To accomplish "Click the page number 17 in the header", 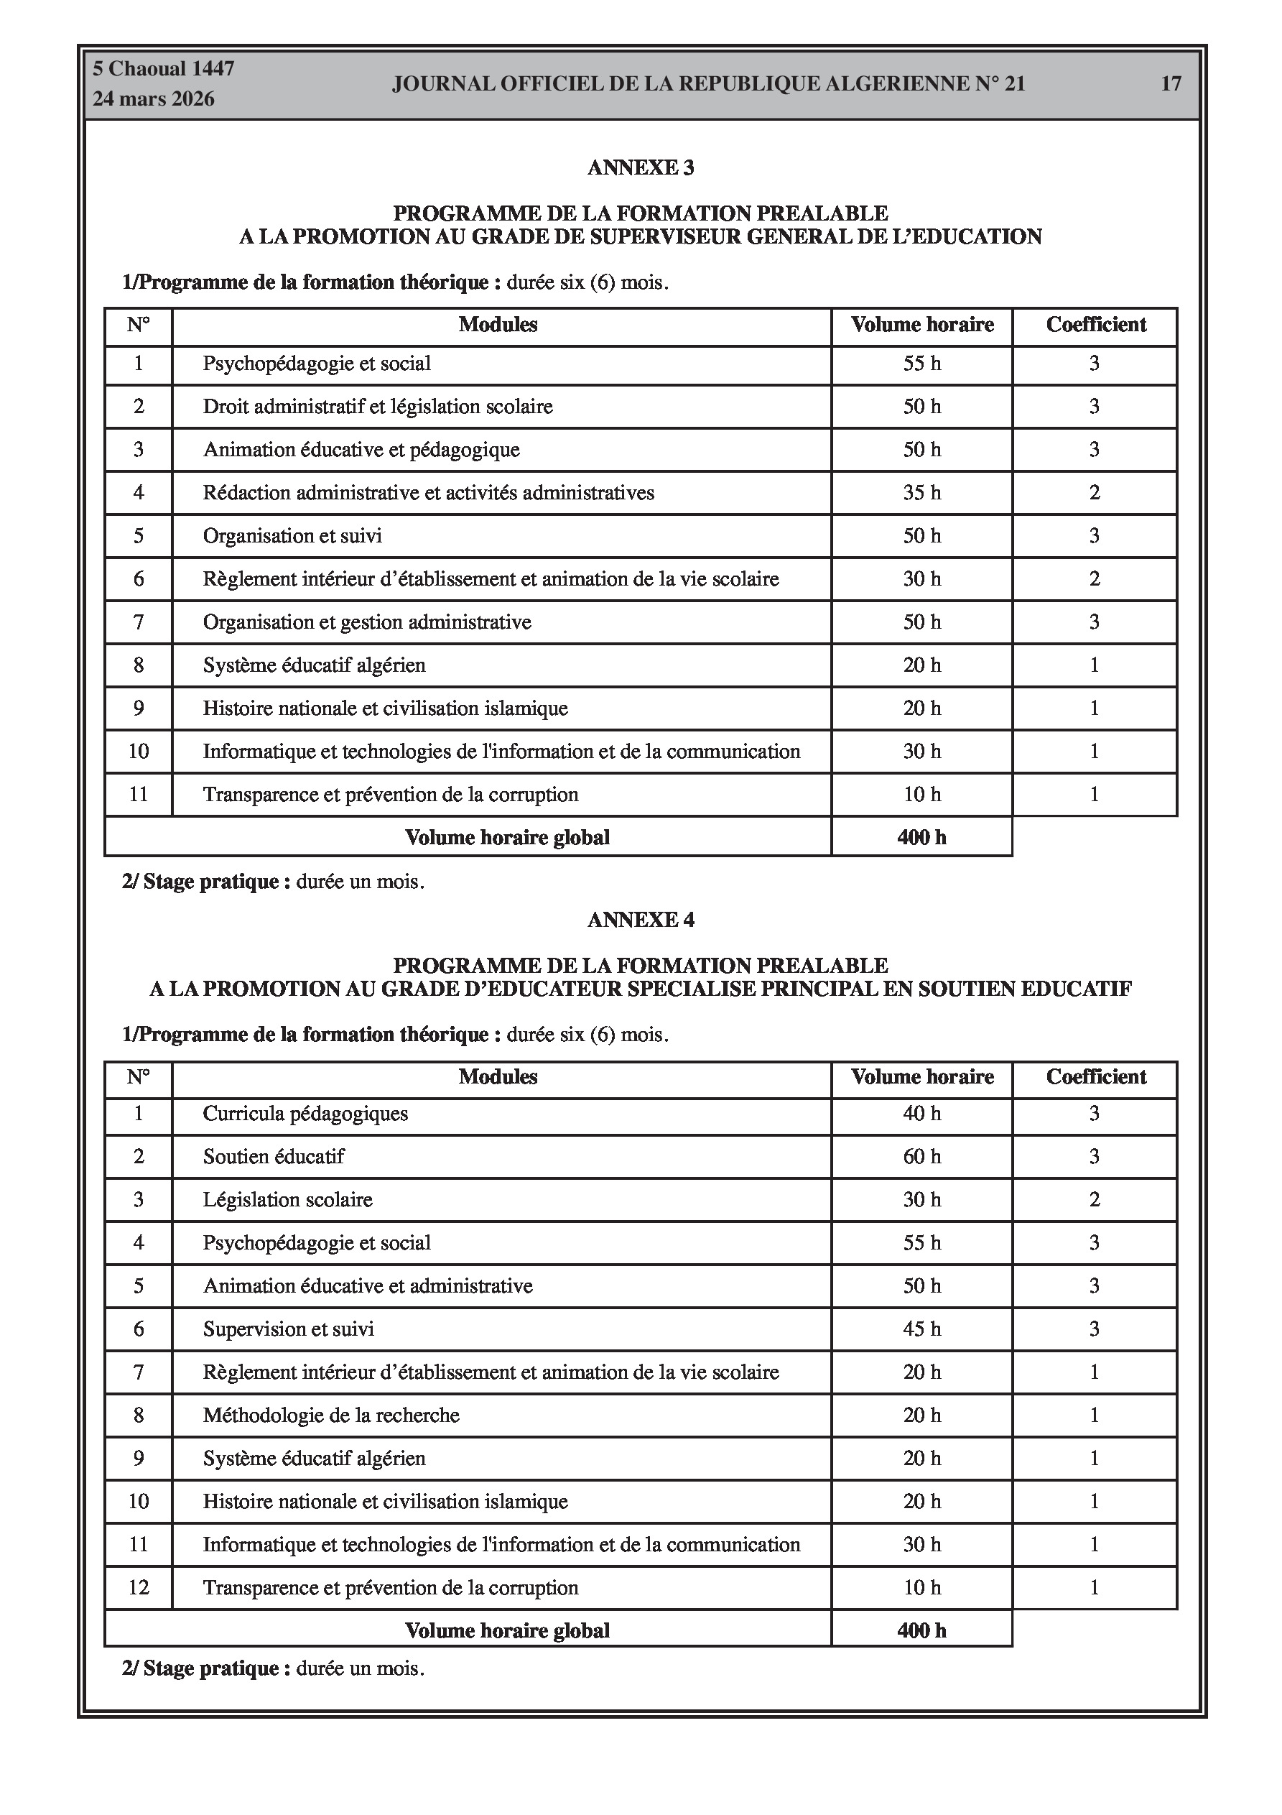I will (1171, 84).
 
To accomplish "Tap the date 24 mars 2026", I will (153, 99).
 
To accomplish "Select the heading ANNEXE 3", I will (640, 167).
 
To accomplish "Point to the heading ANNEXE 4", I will (640, 920).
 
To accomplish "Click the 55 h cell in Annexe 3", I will (921, 364).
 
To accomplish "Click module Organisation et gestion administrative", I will (367, 622).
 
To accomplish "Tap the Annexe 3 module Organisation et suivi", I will (292, 536).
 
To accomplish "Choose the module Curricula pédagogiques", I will (305, 1114).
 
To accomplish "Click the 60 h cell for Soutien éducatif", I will (921, 1157).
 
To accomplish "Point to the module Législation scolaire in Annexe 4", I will (288, 1200).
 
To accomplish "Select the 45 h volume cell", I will (921, 1329).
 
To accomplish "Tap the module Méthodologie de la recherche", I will (331, 1415).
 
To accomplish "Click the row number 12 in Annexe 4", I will (139, 1587).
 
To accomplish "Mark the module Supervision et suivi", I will (289, 1329).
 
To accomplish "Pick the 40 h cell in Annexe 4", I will (921, 1114).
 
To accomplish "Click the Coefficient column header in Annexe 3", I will (1095, 325).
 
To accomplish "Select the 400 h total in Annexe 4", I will (921, 1630).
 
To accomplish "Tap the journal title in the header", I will (708, 84).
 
